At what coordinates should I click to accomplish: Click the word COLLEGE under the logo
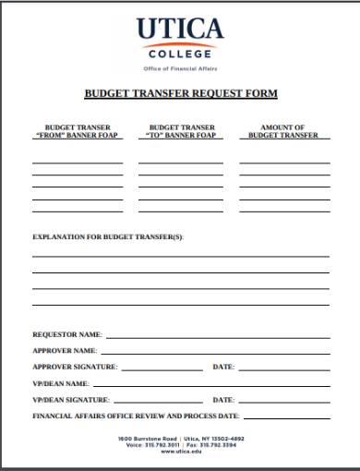(x=180, y=55)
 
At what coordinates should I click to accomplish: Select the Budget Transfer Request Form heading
(x=181, y=94)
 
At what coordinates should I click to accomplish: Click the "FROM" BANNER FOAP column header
(x=78, y=131)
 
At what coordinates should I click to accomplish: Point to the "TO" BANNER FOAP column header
(x=182, y=131)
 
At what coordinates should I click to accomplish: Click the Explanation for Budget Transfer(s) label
(x=108, y=237)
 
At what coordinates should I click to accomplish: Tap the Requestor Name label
(x=67, y=334)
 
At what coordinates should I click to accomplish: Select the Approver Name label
(x=65, y=351)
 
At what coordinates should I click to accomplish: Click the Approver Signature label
(x=75, y=367)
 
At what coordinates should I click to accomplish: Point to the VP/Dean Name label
(x=61, y=383)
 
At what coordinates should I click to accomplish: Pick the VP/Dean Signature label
(x=71, y=400)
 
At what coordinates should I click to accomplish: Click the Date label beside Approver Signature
(x=223, y=367)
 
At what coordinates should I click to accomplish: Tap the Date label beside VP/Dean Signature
(x=223, y=400)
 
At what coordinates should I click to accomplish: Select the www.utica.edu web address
(x=180, y=451)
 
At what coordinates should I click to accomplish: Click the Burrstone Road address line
(x=180, y=437)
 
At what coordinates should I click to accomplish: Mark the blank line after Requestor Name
(x=218, y=337)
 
